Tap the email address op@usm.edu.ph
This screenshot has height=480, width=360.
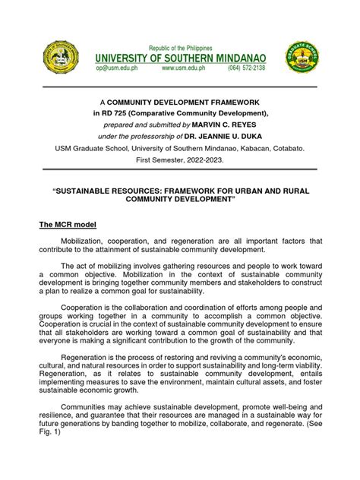coord(115,68)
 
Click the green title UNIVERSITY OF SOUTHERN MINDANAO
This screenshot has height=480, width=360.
coord(180,57)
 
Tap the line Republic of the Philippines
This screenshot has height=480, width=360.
coord(180,46)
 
